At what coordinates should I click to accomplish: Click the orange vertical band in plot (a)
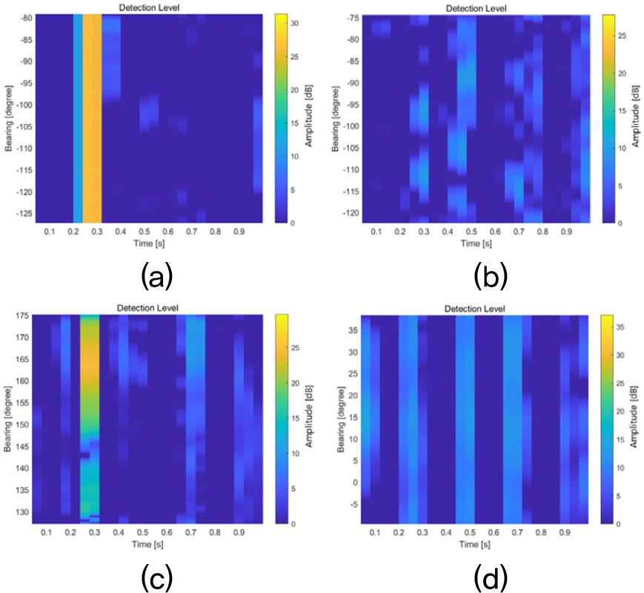click(92, 119)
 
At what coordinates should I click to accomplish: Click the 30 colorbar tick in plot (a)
click(293, 23)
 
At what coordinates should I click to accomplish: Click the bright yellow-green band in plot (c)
click(89, 416)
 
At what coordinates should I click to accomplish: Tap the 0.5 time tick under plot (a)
click(145, 232)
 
